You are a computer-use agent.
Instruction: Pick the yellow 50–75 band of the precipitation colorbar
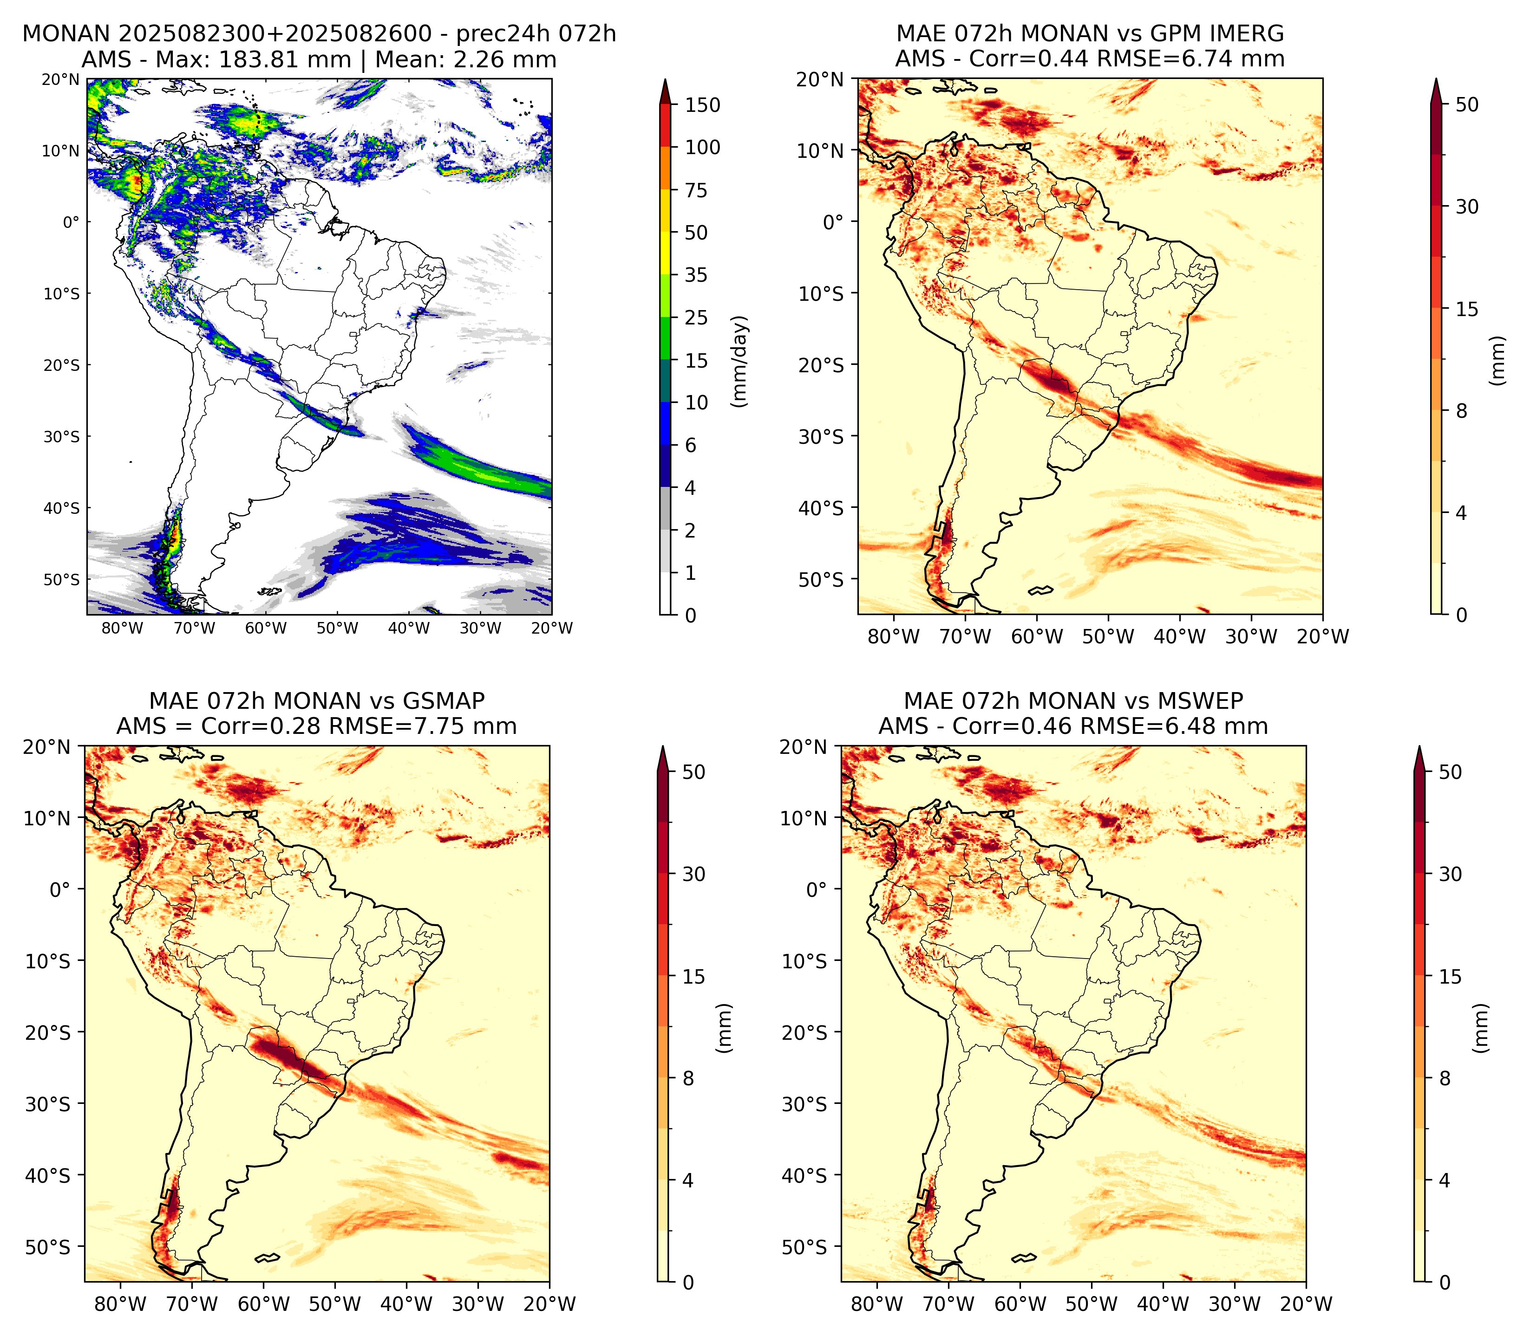coord(666,211)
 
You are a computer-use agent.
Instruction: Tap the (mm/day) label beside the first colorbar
coord(739,361)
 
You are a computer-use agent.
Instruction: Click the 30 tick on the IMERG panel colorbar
coord(1467,207)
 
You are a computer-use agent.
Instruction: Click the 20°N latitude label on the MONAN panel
coord(60,79)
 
